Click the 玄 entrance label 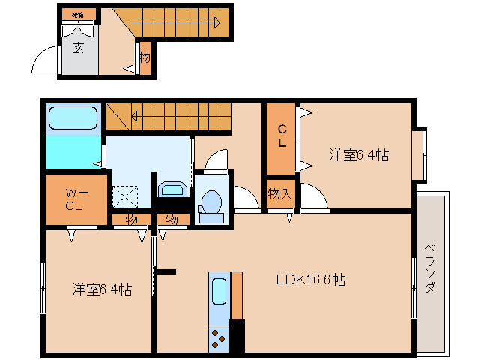pyautogui.click(x=78, y=49)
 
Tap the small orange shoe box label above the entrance pyautogui.click(x=78, y=15)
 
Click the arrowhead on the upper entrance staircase pyautogui.click(x=216, y=22)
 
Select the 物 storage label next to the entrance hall pyautogui.click(x=145, y=57)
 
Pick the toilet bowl pyautogui.click(x=211, y=202)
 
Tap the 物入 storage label pyautogui.click(x=280, y=194)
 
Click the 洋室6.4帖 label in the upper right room pyautogui.click(x=358, y=155)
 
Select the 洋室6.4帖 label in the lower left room pyautogui.click(x=102, y=289)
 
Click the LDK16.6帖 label pyautogui.click(x=310, y=280)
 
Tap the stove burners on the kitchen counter pyautogui.click(x=219, y=337)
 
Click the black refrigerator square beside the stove pyautogui.click(x=237, y=335)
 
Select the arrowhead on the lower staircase pyautogui.click(x=135, y=116)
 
